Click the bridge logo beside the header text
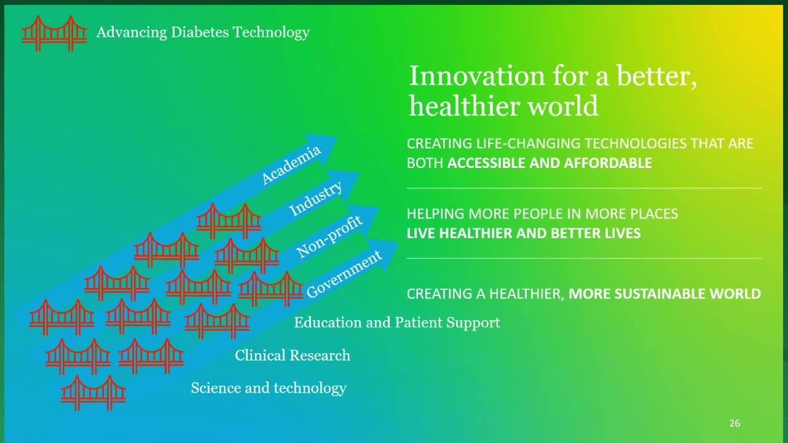55,33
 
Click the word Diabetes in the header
200,32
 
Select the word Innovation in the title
477,76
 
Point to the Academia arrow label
291,164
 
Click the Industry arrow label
315,198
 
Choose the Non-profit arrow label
329,236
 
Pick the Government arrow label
344,274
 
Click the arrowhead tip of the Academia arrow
337,138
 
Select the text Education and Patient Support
397,322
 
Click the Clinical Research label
293,355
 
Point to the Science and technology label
269,388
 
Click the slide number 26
735,423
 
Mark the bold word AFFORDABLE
607,163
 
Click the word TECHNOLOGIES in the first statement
636,144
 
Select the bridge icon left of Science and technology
93,393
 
